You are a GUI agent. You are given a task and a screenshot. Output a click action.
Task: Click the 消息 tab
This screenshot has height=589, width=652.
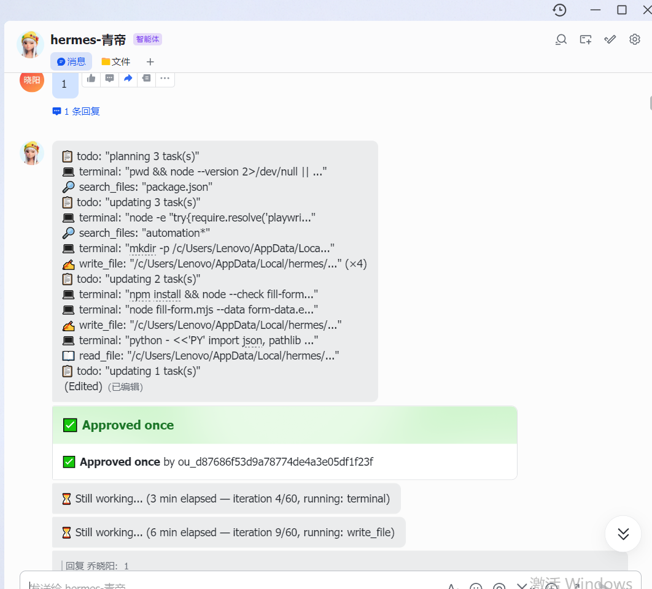point(71,61)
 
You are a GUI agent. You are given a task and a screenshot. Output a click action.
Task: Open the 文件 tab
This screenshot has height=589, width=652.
point(116,61)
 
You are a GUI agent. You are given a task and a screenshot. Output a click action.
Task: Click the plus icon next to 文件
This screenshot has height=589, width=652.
point(150,62)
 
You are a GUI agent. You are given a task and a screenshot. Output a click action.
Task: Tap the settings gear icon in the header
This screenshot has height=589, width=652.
point(635,39)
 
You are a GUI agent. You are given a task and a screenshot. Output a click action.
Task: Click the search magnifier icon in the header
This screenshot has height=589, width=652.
point(561,39)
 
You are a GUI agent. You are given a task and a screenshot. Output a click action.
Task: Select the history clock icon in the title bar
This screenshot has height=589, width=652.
point(560,10)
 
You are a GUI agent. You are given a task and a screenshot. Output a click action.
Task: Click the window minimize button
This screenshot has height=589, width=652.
point(596,10)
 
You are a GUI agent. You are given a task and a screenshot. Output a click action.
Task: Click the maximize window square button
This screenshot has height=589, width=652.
point(622,10)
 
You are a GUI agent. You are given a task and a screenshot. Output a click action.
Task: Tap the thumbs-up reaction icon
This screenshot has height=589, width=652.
point(91,78)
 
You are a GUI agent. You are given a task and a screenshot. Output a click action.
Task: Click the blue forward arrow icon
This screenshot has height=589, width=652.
point(128,78)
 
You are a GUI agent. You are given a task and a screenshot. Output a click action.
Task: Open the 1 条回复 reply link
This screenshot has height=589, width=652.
point(76,112)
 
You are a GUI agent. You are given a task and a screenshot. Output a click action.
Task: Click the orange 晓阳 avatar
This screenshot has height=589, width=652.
point(32,80)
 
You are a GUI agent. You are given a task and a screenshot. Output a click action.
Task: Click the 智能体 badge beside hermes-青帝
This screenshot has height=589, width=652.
point(147,39)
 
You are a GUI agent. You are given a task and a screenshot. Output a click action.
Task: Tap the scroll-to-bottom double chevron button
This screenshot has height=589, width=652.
point(623,534)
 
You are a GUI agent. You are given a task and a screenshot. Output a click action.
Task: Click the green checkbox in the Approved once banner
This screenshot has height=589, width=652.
point(70,425)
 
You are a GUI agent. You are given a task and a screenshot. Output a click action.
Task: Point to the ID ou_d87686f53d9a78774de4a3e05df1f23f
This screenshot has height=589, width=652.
point(275,462)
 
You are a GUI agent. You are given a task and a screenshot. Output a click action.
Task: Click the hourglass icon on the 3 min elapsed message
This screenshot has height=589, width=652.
point(66,499)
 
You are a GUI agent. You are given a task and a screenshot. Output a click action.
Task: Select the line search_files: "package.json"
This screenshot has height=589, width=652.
point(138,187)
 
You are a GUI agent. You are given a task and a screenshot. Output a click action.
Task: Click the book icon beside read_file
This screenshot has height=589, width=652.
point(68,356)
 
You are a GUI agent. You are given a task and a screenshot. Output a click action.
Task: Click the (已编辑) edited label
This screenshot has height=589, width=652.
point(126,387)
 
